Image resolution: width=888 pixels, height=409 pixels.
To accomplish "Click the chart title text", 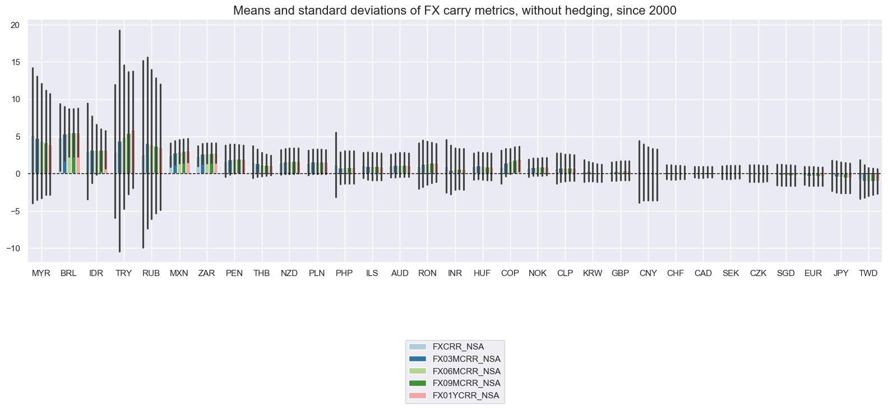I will [455, 10].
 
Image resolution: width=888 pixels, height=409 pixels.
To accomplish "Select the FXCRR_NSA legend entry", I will [462, 347].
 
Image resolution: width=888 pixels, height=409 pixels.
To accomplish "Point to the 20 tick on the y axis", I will [15, 25].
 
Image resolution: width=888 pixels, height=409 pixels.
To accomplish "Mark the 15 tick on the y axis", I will [15, 62].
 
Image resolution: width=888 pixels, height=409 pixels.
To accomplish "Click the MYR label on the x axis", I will [41, 273].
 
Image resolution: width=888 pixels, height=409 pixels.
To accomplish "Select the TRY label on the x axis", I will [124, 273].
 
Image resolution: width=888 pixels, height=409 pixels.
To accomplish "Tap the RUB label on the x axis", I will [151, 273].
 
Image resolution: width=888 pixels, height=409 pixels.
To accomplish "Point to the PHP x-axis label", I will [344, 273].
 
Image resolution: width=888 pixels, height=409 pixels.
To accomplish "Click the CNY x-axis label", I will [648, 273].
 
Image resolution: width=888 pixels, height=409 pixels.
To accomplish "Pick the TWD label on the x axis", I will [868, 273].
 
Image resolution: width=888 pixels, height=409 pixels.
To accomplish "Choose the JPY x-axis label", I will [841, 273].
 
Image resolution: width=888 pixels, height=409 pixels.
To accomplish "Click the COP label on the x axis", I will [510, 273].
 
